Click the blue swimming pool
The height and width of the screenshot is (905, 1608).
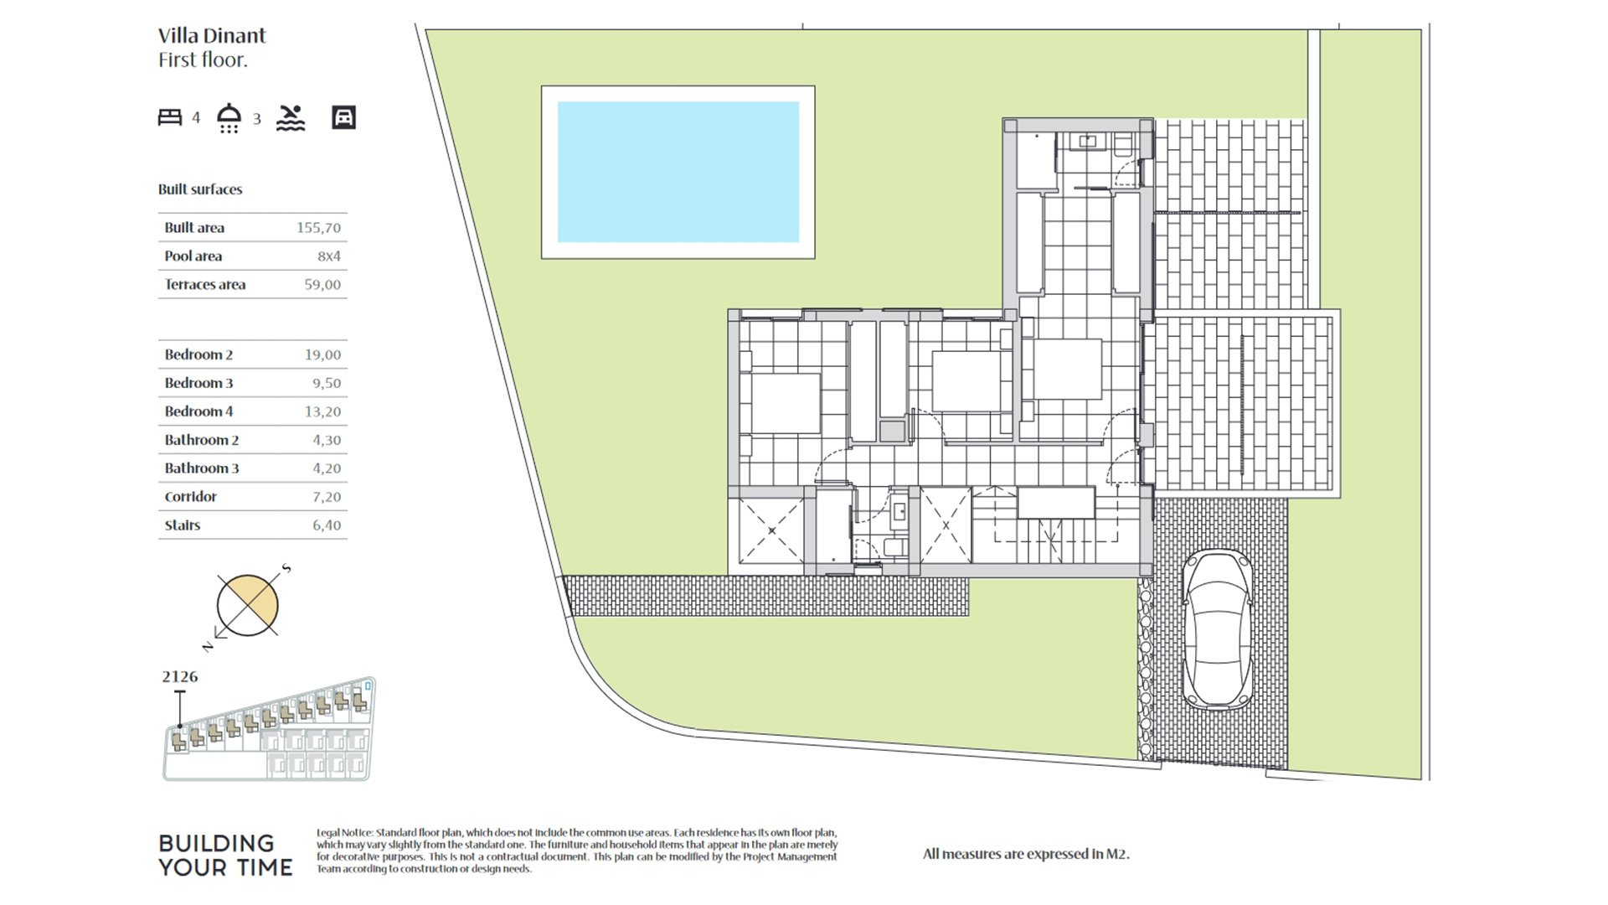point(678,172)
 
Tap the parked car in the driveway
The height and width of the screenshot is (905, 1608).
point(1219,631)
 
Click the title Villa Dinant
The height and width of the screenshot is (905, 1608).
point(212,35)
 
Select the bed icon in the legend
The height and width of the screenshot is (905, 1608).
point(170,117)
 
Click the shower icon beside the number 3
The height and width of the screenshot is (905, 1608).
point(229,118)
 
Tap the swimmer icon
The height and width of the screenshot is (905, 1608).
point(291,118)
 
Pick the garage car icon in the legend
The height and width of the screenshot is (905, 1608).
point(343,117)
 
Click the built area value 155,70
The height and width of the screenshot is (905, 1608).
point(318,228)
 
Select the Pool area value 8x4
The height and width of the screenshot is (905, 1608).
point(329,256)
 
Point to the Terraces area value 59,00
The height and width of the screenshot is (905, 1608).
point(322,285)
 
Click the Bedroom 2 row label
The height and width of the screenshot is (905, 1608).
point(198,355)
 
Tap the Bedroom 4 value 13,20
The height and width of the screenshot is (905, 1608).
point(322,411)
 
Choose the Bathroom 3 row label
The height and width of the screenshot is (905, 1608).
point(202,468)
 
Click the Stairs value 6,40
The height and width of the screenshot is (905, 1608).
point(327,525)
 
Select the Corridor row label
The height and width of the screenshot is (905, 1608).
point(191,497)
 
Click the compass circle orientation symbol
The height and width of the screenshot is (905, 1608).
point(247,605)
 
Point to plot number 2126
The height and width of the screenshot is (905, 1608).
point(180,677)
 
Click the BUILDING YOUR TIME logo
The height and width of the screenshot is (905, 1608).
point(226,856)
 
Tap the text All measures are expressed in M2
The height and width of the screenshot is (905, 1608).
point(1026,855)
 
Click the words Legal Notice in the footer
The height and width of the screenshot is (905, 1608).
point(344,833)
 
